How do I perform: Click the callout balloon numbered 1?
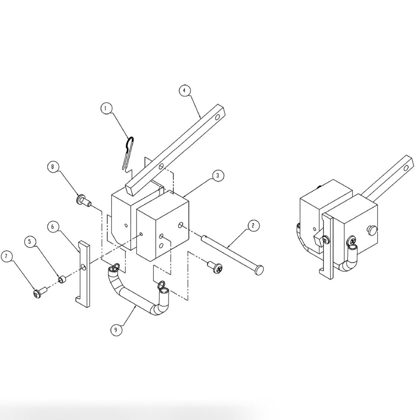click(x=106, y=108)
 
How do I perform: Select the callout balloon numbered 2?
click(x=253, y=225)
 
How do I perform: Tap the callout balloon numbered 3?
click(x=218, y=175)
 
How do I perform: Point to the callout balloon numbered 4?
click(x=184, y=91)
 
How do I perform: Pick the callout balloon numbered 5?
click(x=30, y=242)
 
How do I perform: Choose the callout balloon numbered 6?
click(x=53, y=226)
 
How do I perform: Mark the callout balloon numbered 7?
click(x=6, y=256)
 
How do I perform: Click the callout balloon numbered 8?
click(x=53, y=167)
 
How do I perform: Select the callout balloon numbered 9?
click(x=116, y=330)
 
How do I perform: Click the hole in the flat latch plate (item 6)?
click(x=84, y=267)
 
